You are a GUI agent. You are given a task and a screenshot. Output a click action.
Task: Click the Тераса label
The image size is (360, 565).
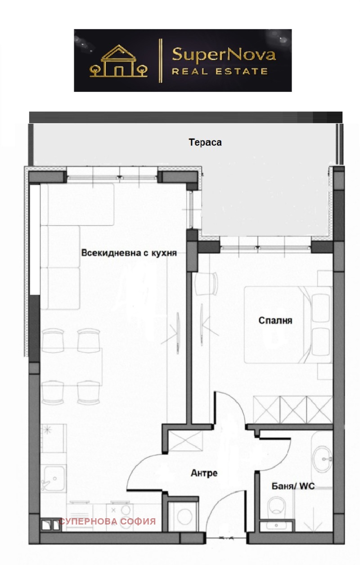point(205,142)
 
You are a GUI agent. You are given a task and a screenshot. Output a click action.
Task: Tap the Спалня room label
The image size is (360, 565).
point(275,321)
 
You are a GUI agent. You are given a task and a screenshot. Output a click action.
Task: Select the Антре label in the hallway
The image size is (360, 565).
point(204,473)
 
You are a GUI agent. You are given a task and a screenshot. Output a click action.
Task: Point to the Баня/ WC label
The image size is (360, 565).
point(293,486)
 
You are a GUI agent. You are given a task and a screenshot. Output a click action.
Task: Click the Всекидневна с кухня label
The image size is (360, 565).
point(129,253)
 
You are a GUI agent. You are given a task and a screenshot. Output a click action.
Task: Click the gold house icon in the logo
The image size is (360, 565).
point(118,61)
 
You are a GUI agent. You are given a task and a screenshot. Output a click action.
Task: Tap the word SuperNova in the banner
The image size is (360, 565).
point(224,55)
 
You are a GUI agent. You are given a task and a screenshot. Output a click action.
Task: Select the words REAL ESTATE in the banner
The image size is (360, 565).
point(220,72)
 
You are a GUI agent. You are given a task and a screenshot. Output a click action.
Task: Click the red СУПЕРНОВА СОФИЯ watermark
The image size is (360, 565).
point(108,521)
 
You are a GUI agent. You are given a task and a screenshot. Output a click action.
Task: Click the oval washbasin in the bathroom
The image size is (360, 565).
point(322,459)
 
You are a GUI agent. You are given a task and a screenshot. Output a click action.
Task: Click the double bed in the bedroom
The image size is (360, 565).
point(288,325)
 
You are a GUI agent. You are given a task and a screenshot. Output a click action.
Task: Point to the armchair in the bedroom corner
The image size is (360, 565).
point(207,283)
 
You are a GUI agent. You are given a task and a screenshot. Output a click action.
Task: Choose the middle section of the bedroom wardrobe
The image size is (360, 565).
point(293,409)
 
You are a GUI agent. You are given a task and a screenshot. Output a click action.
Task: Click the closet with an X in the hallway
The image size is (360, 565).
point(185,440)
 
